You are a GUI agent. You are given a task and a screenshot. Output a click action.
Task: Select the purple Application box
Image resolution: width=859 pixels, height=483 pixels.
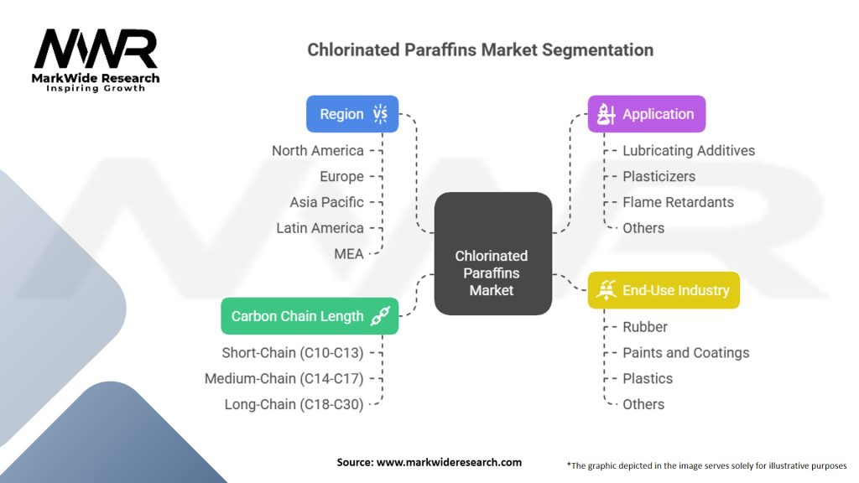pyautogui.click(x=646, y=114)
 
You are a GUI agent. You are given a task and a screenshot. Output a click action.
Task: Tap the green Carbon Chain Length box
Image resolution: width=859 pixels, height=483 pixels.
pyautogui.click(x=309, y=316)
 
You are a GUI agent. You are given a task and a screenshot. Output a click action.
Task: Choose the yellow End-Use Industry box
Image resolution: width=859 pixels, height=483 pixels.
pyautogui.click(x=664, y=290)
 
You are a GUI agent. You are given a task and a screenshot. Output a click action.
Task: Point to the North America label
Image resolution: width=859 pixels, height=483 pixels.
pyautogui.click(x=317, y=151)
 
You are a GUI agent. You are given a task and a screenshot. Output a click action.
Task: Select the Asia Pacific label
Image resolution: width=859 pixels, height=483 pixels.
pyautogui.click(x=326, y=202)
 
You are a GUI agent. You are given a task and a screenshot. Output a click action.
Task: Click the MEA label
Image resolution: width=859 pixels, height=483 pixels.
pyautogui.click(x=348, y=253)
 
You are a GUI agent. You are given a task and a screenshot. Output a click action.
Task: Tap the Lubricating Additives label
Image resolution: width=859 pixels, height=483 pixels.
pyautogui.click(x=688, y=151)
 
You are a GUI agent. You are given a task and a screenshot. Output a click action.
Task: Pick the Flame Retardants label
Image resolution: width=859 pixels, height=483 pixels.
pyautogui.click(x=678, y=202)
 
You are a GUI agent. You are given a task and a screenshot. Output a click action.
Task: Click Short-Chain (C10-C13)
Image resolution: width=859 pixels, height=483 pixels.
pyautogui.click(x=293, y=353)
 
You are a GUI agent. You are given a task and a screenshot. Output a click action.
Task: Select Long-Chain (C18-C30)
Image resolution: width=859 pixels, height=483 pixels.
pyautogui.click(x=294, y=404)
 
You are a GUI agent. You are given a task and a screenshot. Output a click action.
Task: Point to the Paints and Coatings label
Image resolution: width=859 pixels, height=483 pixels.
pyautogui.click(x=685, y=353)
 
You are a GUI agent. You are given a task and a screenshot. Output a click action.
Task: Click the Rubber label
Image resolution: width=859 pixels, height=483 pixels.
pyautogui.click(x=644, y=327)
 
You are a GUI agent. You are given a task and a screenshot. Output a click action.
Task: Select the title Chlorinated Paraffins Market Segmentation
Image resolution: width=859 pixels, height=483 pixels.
pyautogui.click(x=480, y=49)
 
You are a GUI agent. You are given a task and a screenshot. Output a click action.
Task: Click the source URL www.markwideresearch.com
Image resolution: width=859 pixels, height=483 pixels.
pyautogui.click(x=429, y=462)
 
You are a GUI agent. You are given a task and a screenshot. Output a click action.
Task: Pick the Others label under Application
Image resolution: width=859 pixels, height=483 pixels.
pyautogui.click(x=643, y=228)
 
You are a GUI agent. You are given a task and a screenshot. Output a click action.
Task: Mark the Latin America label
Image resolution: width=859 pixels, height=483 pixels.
pyautogui.click(x=320, y=228)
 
